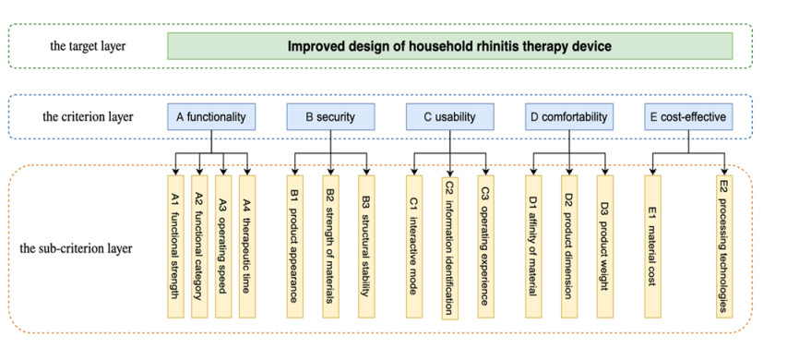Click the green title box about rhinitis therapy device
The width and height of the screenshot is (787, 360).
[x=449, y=46]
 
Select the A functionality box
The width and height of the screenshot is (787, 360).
[x=211, y=117]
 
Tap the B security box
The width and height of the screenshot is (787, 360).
[x=330, y=117]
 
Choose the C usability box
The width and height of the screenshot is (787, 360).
[x=449, y=117]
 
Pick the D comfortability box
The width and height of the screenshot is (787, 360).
[x=569, y=117]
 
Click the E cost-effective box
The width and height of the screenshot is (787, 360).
[x=688, y=117]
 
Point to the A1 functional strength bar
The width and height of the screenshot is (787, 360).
[x=175, y=246]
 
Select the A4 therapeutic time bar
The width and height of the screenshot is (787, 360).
[x=247, y=246]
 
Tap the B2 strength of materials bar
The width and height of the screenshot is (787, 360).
[x=330, y=246]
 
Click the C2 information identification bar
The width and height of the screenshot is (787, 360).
[x=450, y=248]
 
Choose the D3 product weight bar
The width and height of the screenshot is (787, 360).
[x=605, y=246]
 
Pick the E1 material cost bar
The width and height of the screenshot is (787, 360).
[x=653, y=246]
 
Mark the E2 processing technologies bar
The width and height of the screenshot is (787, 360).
[x=724, y=246]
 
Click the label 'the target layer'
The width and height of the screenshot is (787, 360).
[x=88, y=46]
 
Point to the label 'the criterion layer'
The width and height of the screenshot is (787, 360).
[x=88, y=117]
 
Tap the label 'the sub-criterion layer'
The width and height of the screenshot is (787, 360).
[x=77, y=248]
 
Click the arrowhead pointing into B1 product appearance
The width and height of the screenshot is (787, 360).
[x=294, y=172]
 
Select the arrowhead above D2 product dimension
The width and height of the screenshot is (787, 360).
[x=569, y=172]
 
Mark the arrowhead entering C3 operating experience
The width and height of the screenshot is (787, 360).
[x=486, y=172]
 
